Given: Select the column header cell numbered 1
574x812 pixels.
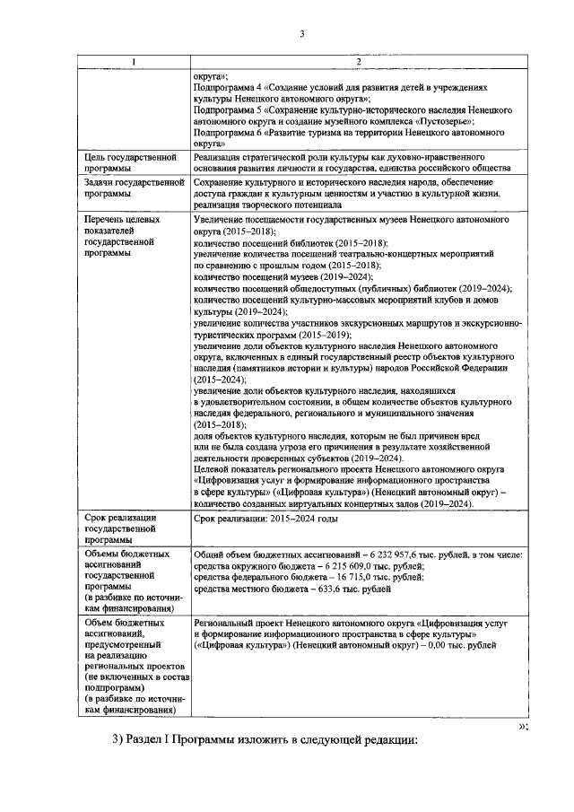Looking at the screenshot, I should coord(134,61).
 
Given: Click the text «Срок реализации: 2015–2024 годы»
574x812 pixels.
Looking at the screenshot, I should coord(265,520).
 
